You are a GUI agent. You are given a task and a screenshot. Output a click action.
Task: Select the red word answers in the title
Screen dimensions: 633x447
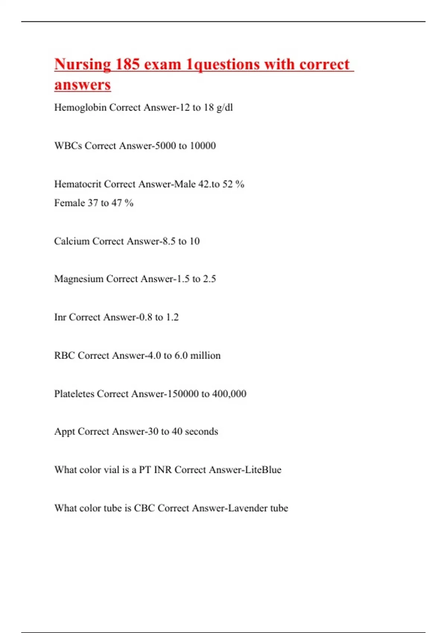point(82,85)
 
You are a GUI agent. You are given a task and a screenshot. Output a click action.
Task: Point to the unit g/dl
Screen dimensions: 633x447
point(225,108)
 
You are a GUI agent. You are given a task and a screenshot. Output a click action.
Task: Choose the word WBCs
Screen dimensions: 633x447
point(68,146)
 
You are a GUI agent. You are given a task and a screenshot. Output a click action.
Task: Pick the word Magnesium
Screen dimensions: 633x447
point(79,279)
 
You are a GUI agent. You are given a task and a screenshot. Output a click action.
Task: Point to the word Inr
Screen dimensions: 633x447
point(60,317)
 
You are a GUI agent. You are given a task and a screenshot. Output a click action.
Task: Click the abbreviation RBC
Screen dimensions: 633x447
point(64,356)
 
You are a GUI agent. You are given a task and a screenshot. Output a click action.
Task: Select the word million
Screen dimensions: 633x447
point(205,356)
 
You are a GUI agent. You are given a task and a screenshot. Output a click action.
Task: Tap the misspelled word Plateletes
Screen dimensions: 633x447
point(74,394)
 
